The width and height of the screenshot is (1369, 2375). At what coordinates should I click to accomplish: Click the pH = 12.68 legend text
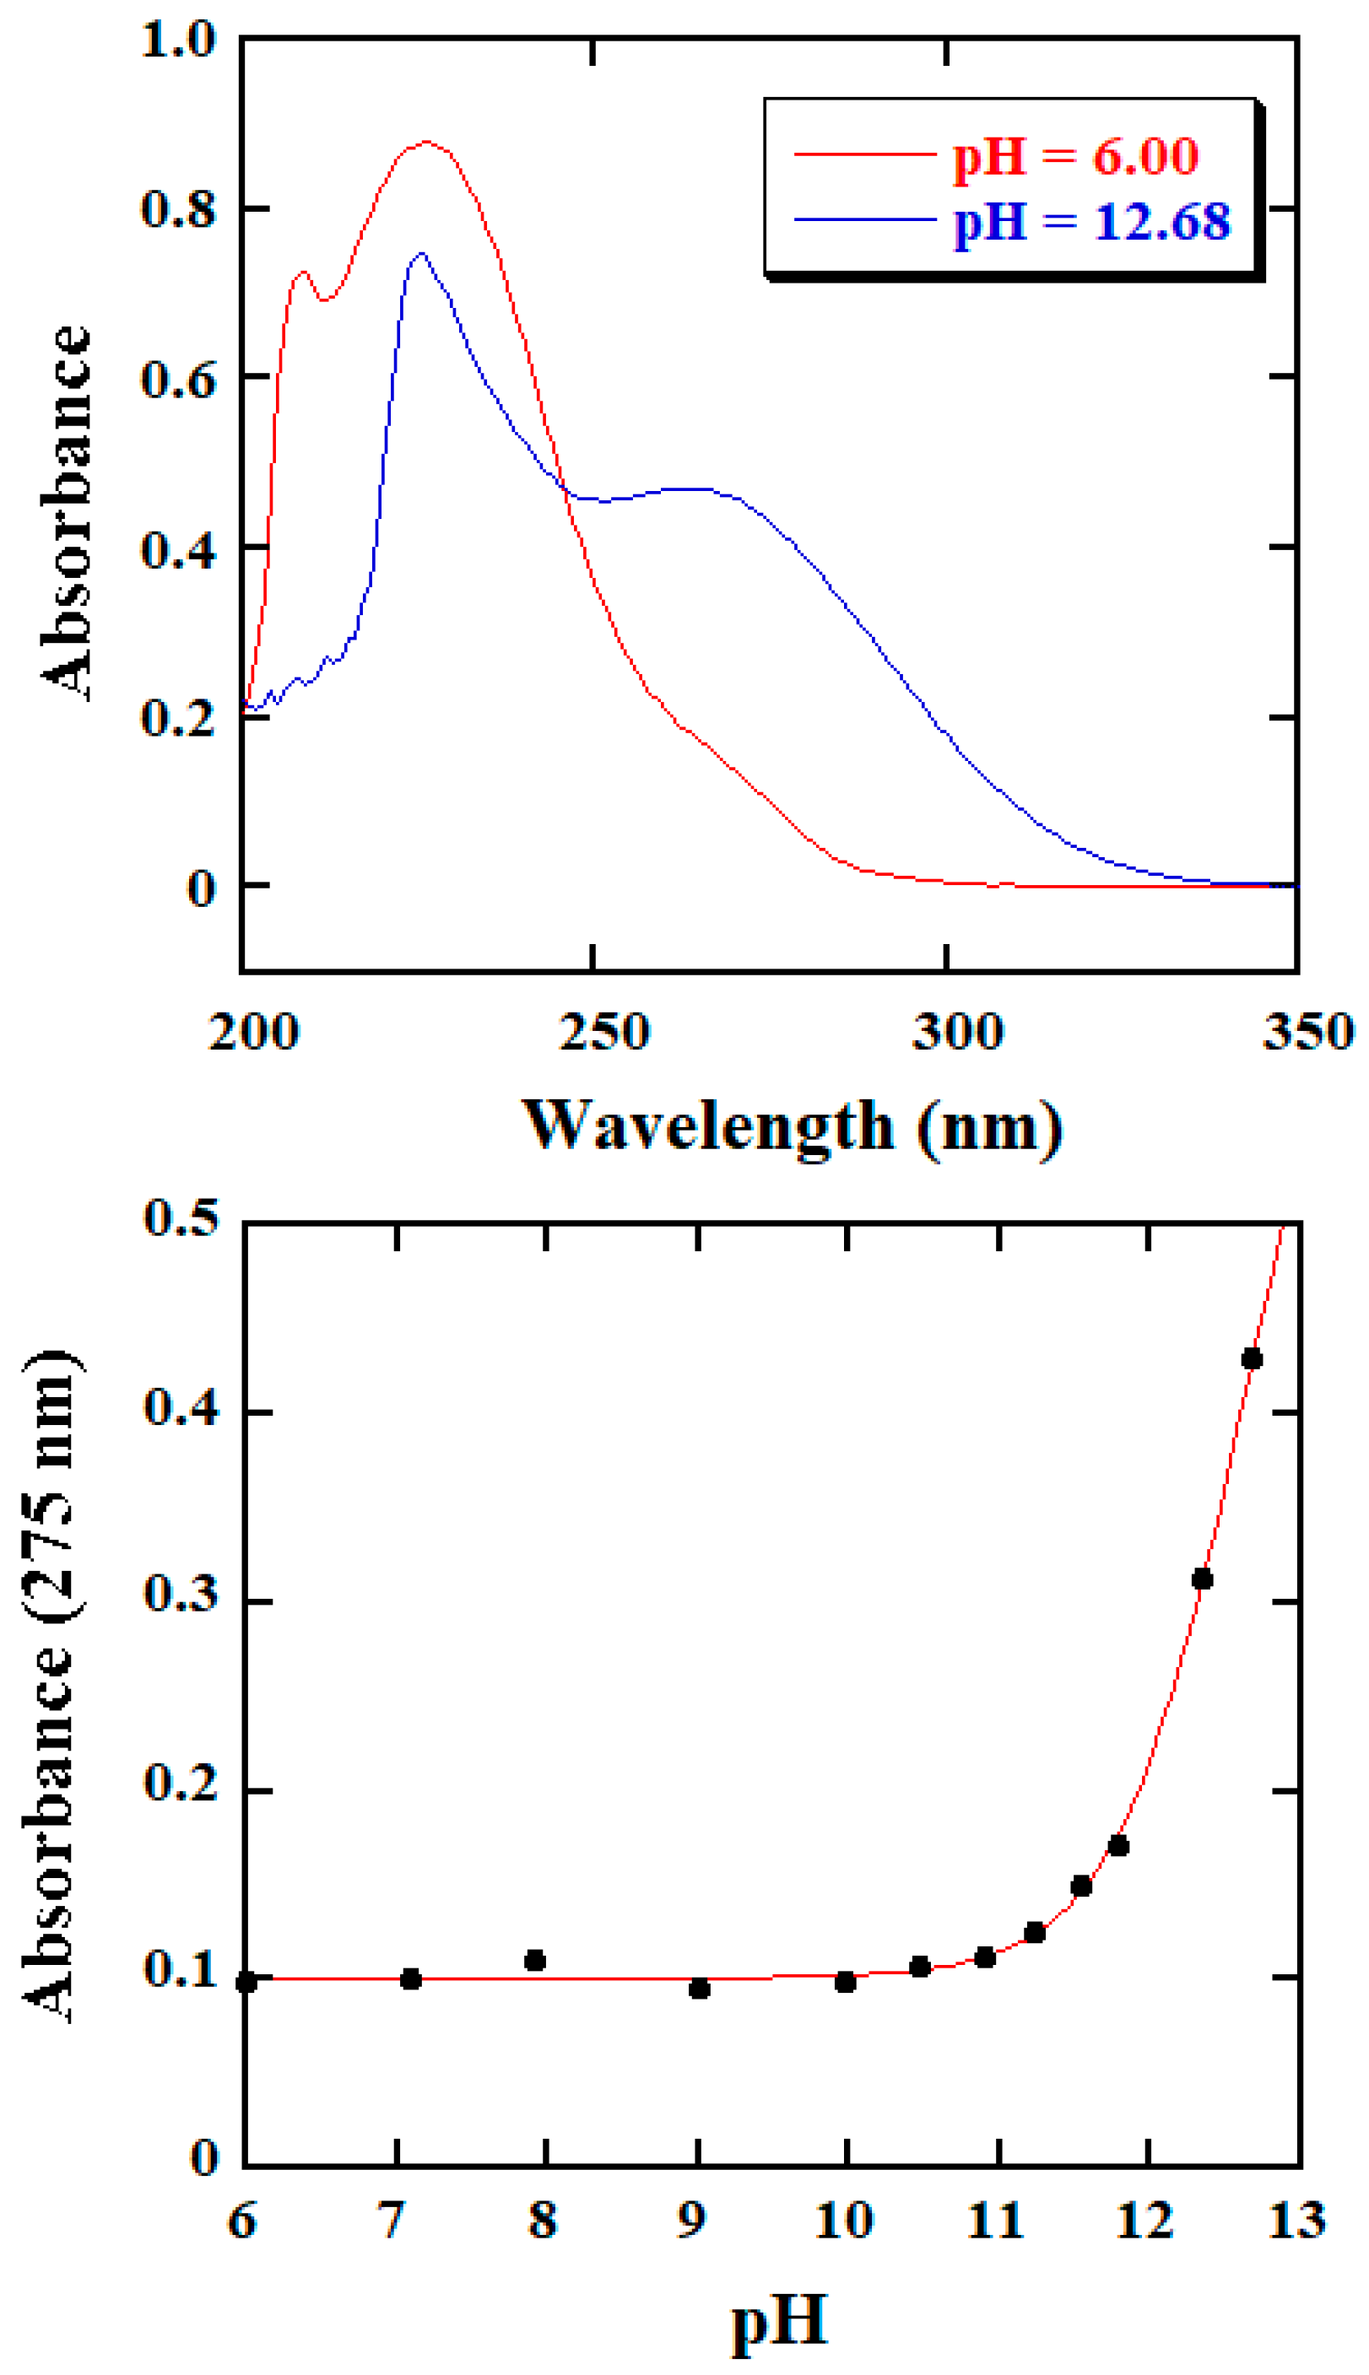1091,222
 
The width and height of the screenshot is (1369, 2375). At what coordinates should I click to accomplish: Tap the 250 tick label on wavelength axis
603,1032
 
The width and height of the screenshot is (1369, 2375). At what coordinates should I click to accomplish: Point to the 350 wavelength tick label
1307,1032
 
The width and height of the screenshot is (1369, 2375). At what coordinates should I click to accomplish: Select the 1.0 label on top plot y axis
178,40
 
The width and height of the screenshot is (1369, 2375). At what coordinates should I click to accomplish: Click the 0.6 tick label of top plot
178,379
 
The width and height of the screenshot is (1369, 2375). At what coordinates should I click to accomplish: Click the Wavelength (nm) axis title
792,1127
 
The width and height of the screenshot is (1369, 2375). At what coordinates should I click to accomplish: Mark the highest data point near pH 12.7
1252,1359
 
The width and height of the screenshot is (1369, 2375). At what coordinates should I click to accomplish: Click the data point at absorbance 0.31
1202,1579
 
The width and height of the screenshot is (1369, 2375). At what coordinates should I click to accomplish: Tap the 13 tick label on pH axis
1296,2220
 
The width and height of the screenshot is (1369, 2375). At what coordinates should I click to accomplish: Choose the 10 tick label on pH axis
843,2220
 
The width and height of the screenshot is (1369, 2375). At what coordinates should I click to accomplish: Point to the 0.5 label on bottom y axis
181,1218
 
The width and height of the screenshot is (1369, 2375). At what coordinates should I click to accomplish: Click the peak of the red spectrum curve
428,142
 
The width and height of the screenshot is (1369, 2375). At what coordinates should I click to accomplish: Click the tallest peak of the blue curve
421,253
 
